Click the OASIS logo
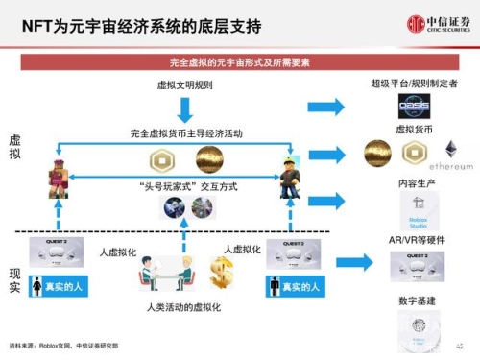415,106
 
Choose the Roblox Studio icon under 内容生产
417,210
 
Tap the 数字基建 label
416,301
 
